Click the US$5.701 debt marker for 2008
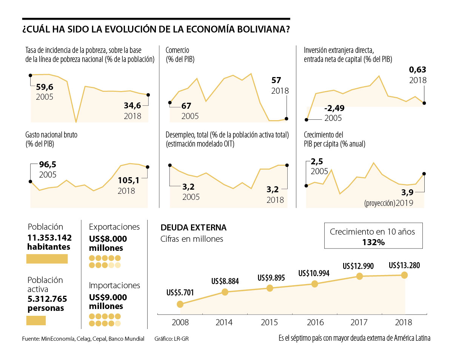click(x=180, y=304)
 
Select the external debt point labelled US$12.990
click(x=359, y=277)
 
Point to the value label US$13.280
click(x=404, y=266)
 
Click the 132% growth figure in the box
click(x=373, y=242)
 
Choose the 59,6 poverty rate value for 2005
click(x=45, y=87)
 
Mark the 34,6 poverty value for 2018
click(x=133, y=105)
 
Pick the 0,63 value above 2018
click(x=418, y=70)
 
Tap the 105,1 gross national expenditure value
click(x=129, y=181)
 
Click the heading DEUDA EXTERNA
click(x=193, y=227)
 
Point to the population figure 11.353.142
click(x=49, y=238)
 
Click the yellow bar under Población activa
click(x=36, y=320)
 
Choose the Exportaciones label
click(x=114, y=227)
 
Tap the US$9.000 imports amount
click(x=108, y=297)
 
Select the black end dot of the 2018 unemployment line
click(x=287, y=165)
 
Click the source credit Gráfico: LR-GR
click(x=171, y=339)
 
